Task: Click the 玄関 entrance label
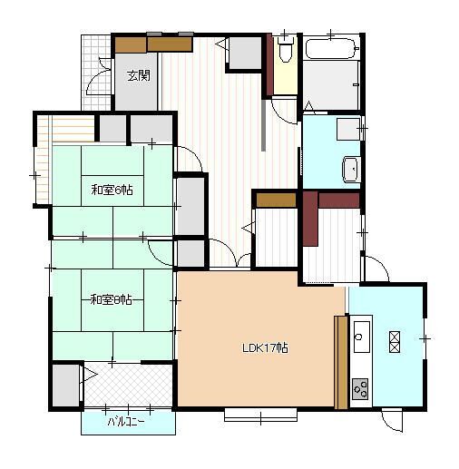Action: [x=139, y=75]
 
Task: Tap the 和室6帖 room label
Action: [x=112, y=191]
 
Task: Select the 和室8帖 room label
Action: [x=112, y=300]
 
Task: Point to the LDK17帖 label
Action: [x=265, y=348]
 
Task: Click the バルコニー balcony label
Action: [x=126, y=422]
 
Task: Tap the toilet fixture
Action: [x=285, y=50]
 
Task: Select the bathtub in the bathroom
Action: [x=332, y=48]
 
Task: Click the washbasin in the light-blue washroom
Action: [x=351, y=170]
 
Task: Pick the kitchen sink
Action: [x=361, y=337]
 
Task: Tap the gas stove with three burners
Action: [x=360, y=388]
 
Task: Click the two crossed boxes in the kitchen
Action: [x=395, y=342]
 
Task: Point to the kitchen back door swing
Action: [x=392, y=420]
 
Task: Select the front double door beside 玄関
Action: [x=99, y=75]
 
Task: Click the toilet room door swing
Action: [x=284, y=112]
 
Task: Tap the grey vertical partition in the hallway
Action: [x=263, y=125]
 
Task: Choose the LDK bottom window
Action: [x=260, y=415]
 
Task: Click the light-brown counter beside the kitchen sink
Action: [x=341, y=362]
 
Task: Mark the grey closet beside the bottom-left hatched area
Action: [x=65, y=386]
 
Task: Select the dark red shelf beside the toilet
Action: [x=269, y=65]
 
